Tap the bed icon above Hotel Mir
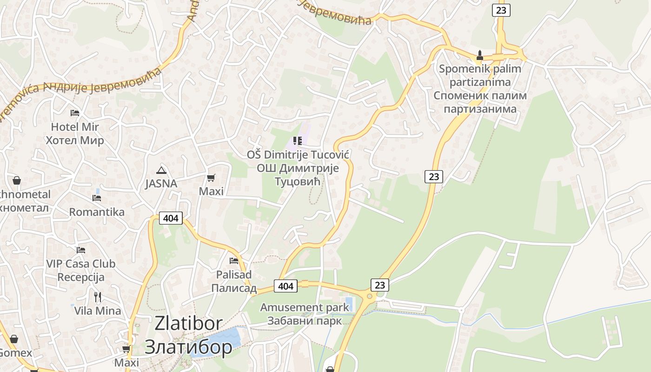click(x=75, y=113)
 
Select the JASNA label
click(x=161, y=184)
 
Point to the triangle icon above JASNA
click(x=161, y=170)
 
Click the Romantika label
click(x=97, y=212)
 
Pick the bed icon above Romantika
click(x=97, y=198)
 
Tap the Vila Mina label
click(x=98, y=311)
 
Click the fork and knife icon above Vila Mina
click(x=98, y=297)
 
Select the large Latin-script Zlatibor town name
click(x=188, y=324)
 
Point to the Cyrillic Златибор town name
click(x=188, y=347)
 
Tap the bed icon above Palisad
click(x=234, y=261)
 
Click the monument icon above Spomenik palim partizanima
click(x=480, y=56)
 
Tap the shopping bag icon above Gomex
click(x=14, y=339)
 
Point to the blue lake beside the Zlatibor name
click(x=219, y=342)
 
